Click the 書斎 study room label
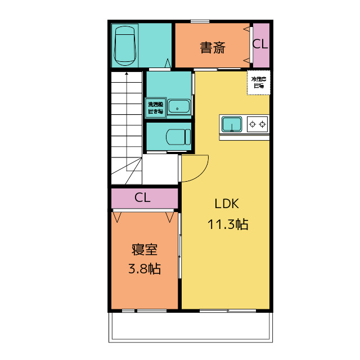click(213, 48)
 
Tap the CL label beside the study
click(260, 44)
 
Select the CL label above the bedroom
click(142, 198)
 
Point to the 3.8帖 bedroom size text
click(145, 269)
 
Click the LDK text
click(227, 204)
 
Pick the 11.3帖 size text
click(228, 224)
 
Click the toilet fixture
click(178, 137)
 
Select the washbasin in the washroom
click(179, 106)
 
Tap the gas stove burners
click(258, 124)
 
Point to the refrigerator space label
click(259, 83)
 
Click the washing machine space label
click(155, 107)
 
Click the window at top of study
click(200, 21)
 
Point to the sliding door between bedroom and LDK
click(180, 247)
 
